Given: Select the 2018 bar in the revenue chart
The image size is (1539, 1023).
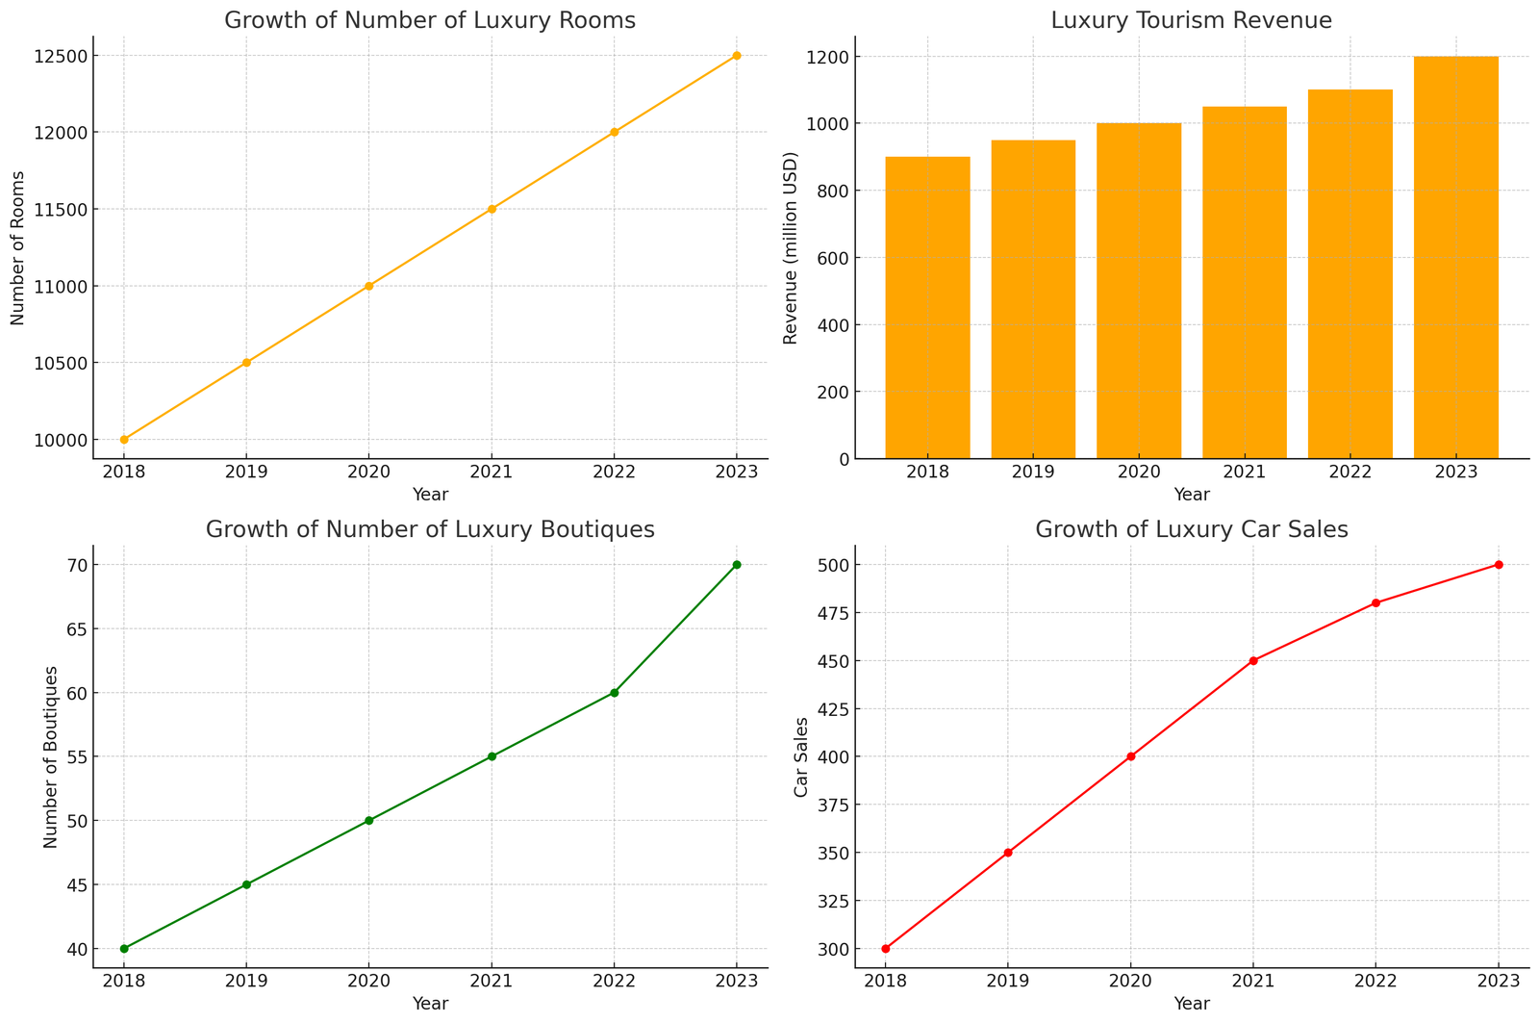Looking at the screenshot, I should (927, 307).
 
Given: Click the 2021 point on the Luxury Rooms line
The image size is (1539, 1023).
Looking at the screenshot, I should (492, 209).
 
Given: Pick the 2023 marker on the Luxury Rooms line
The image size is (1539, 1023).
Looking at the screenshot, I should (737, 56).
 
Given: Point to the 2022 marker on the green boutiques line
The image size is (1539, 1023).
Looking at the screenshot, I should (614, 693).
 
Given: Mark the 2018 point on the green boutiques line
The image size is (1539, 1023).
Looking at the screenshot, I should (124, 949).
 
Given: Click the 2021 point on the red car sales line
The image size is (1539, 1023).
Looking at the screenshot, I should (1253, 661).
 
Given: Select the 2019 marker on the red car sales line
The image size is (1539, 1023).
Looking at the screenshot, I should (1008, 853).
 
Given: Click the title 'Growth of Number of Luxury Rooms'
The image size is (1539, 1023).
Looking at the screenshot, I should (430, 20).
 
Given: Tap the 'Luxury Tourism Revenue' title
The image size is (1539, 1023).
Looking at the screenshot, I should (1192, 20).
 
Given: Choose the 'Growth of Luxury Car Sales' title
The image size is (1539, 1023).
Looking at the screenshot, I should (1192, 529).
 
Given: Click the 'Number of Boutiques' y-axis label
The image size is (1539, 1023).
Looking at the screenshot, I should (51, 756).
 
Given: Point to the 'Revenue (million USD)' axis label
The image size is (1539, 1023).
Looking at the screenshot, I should (791, 247).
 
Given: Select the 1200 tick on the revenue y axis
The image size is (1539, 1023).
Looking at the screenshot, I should (828, 58).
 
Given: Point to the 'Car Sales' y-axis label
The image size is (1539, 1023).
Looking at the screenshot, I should (801, 756).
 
